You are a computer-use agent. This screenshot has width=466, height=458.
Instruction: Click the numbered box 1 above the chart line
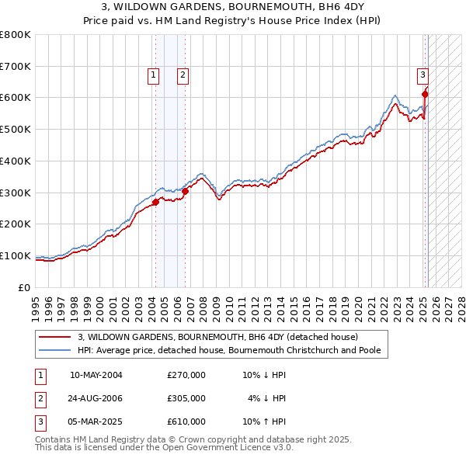pyautogui.click(x=154, y=75)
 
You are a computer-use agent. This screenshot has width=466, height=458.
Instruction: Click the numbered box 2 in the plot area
pyautogui.click(x=183, y=75)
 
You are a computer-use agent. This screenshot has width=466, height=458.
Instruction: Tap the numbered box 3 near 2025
pyautogui.click(x=423, y=75)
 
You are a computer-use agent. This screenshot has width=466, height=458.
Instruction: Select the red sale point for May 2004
pyautogui.click(x=155, y=202)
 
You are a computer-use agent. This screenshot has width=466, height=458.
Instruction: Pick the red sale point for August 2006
pyautogui.click(x=185, y=191)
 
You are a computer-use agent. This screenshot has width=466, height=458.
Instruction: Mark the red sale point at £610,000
pyautogui.click(x=425, y=95)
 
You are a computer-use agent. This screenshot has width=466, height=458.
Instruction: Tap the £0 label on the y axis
pyautogui.click(x=23, y=287)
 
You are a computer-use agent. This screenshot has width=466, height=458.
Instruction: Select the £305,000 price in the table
pyautogui.click(x=186, y=398)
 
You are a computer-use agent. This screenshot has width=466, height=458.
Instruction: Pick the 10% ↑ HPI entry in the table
pyautogui.click(x=265, y=422)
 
